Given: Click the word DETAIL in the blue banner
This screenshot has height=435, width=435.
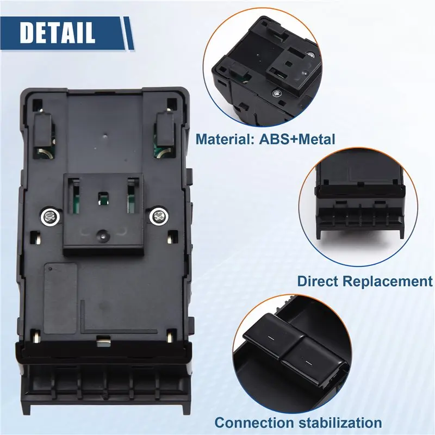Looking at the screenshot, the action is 57,32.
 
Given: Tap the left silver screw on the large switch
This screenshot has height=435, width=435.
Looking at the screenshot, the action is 51,216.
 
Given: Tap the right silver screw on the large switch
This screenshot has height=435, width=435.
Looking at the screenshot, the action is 159,215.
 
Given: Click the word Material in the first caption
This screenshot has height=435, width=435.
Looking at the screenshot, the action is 225,139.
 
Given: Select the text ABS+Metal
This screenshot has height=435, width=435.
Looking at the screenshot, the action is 297,139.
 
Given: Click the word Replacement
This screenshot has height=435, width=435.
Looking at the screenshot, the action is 388,281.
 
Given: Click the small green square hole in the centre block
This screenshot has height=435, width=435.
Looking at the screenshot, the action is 103,199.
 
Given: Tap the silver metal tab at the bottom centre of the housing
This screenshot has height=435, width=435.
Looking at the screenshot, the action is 104,341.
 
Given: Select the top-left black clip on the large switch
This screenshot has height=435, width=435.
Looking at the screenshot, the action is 43,129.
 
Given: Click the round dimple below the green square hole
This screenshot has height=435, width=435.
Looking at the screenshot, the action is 103,235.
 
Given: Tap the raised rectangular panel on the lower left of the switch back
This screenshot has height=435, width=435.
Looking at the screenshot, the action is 60,298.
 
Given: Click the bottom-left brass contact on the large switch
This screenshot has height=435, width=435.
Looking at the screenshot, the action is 36,337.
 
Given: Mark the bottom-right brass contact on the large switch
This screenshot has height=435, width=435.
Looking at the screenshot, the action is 171,336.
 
